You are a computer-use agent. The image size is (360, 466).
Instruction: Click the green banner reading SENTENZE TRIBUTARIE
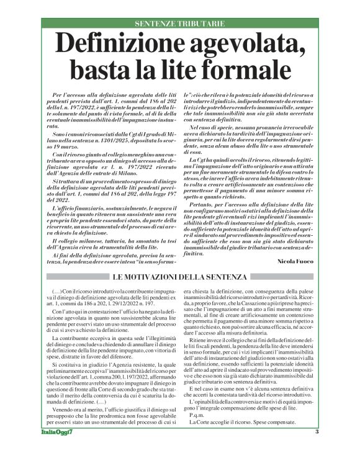tap(179, 24)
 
